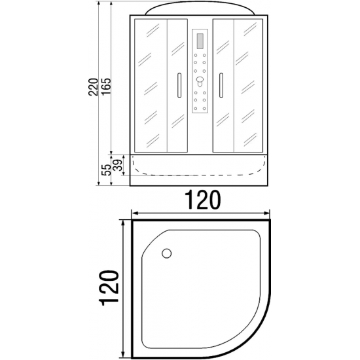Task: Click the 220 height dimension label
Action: pos(93,87)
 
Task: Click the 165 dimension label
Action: pos(106,87)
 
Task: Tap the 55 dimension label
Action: pos(106,170)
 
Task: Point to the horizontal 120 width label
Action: pos(202,200)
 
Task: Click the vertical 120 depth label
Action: pos(109,289)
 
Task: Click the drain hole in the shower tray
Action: pos(166,253)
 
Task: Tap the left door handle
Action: pos(179,85)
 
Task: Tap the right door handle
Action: pos(221,85)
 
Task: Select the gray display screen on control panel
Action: pos(200,41)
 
